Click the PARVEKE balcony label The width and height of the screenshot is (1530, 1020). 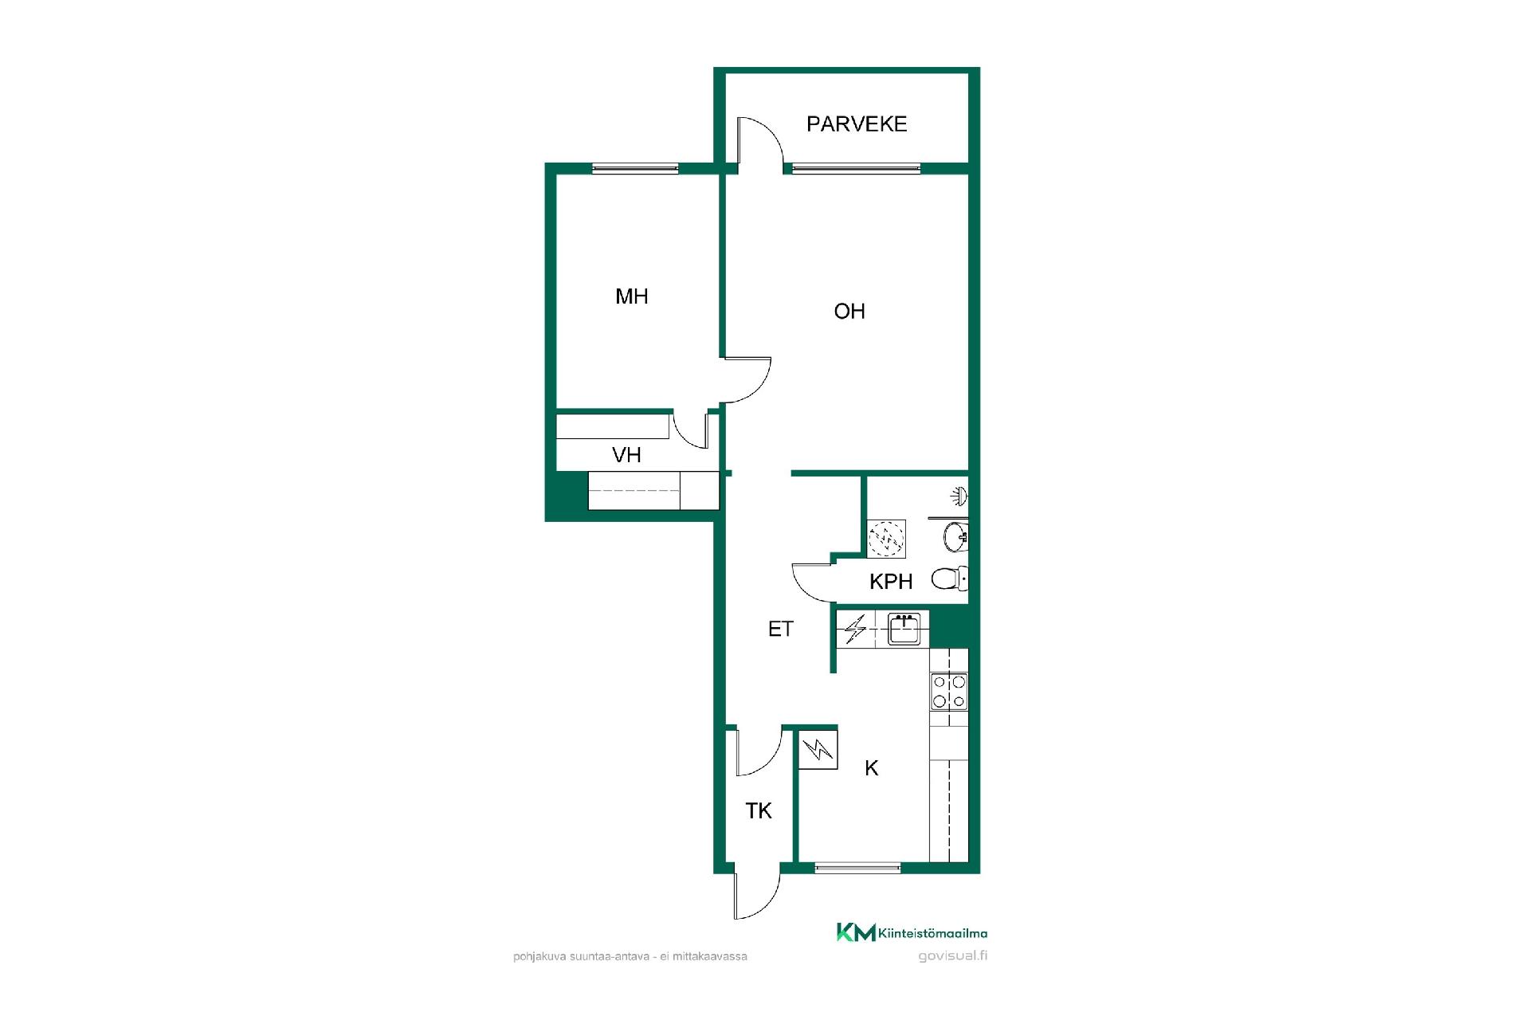(x=857, y=124)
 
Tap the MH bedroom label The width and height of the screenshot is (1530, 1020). (x=632, y=296)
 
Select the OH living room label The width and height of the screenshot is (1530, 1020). (x=849, y=312)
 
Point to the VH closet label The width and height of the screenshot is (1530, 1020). (x=626, y=455)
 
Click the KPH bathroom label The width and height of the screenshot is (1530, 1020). (x=891, y=582)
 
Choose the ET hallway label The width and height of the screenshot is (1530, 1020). (x=781, y=630)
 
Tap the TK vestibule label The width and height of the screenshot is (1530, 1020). (x=759, y=811)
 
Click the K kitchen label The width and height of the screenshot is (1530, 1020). (x=872, y=768)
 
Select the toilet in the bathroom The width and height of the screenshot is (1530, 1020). (x=950, y=579)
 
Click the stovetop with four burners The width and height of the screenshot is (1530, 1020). (x=949, y=692)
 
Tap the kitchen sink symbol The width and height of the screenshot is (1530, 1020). (x=904, y=629)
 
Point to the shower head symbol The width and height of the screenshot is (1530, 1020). (x=959, y=497)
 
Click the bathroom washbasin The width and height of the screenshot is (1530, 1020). (x=956, y=537)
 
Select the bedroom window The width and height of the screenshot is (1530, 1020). (x=635, y=168)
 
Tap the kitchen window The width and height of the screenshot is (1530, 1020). (x=858, y=867)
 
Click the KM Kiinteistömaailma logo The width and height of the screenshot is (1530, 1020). (x=912, y=932)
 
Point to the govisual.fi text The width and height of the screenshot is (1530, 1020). (x=953, y=956)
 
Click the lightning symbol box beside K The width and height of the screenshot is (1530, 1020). (x=818, y=750)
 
